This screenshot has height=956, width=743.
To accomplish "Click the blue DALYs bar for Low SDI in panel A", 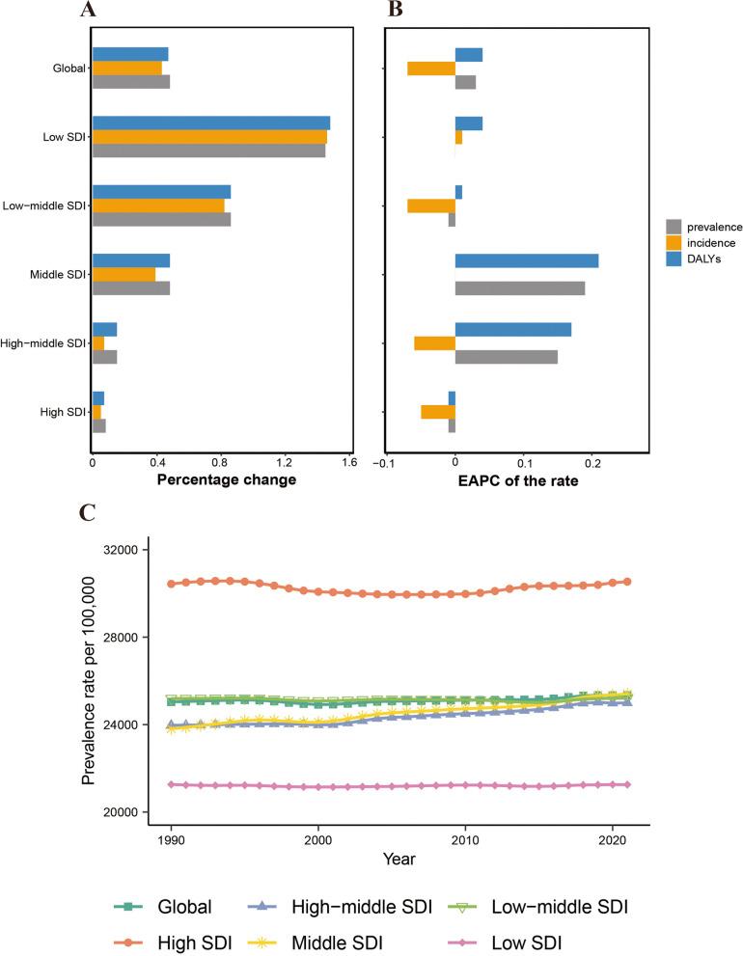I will pos(210,123).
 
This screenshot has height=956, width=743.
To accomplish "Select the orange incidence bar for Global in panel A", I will pos(126,68).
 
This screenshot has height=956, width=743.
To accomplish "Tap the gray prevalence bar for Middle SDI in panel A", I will pos(130,288).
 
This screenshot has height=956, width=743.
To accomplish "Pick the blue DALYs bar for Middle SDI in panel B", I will pos(526,260).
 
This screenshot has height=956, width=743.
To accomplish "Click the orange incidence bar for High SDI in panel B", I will pos(437,412).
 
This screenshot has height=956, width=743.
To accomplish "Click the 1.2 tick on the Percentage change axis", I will pos(285,461).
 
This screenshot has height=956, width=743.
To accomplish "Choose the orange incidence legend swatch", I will pos(674,243).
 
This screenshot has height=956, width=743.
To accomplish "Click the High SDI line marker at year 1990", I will pos(171,584).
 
